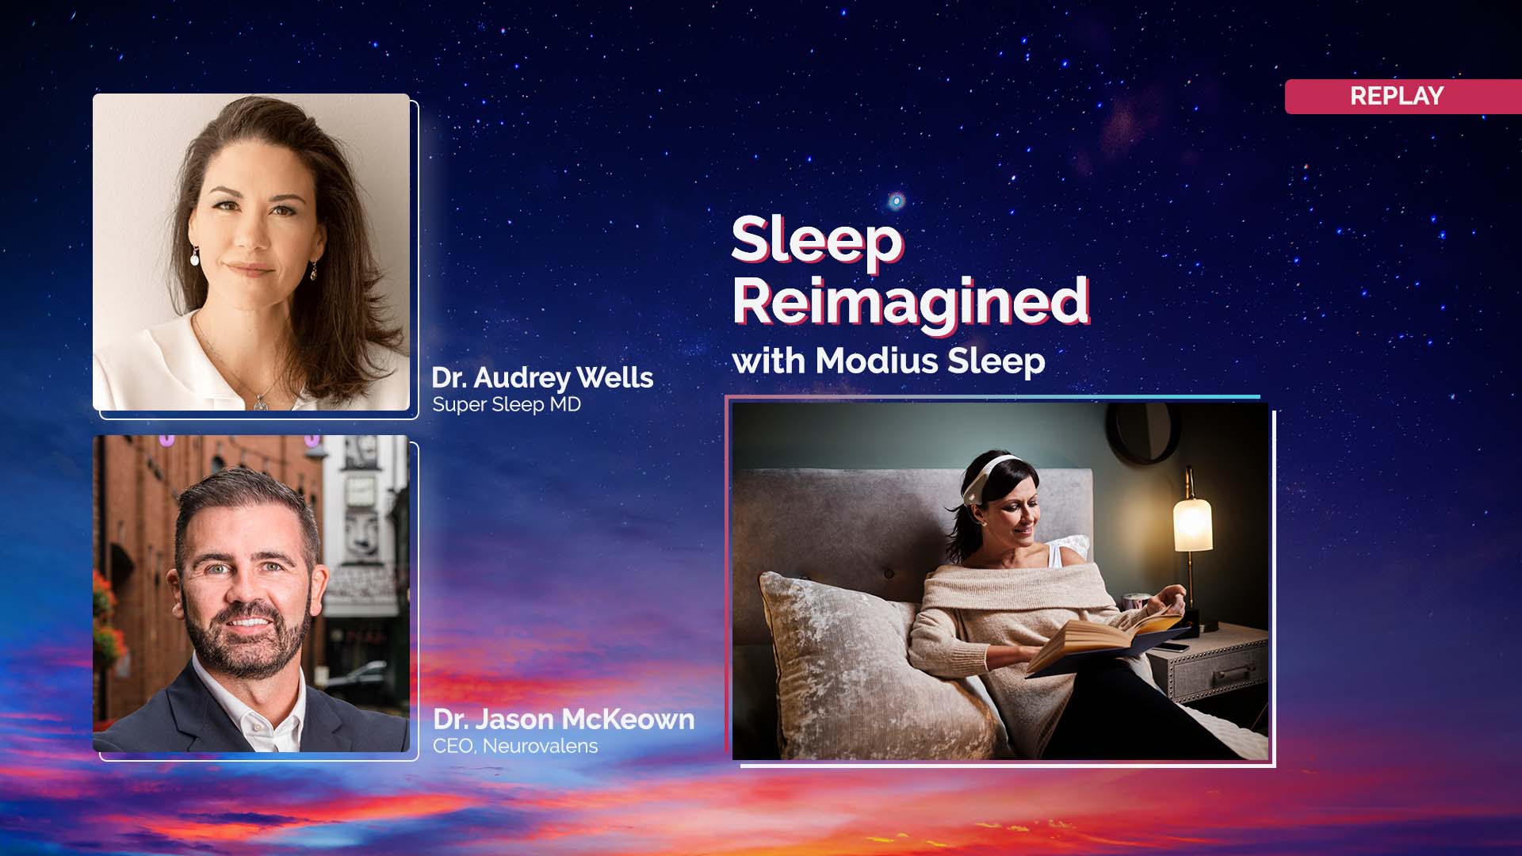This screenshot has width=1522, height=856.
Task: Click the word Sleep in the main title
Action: click(816, 240)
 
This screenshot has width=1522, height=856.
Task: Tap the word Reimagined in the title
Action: click(910, 302)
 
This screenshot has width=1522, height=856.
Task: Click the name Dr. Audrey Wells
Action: click(542, 378)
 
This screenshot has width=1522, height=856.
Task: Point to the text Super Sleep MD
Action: click(507, 404)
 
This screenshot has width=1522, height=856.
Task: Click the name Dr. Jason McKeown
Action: click(564, 720)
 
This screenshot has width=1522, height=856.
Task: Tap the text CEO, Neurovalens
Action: click(515, 746)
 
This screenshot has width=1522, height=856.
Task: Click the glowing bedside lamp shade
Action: click(1192, 523)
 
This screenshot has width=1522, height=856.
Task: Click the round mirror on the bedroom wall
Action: click(1145, 432)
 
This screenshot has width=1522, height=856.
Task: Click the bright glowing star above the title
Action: click(897, 201)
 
